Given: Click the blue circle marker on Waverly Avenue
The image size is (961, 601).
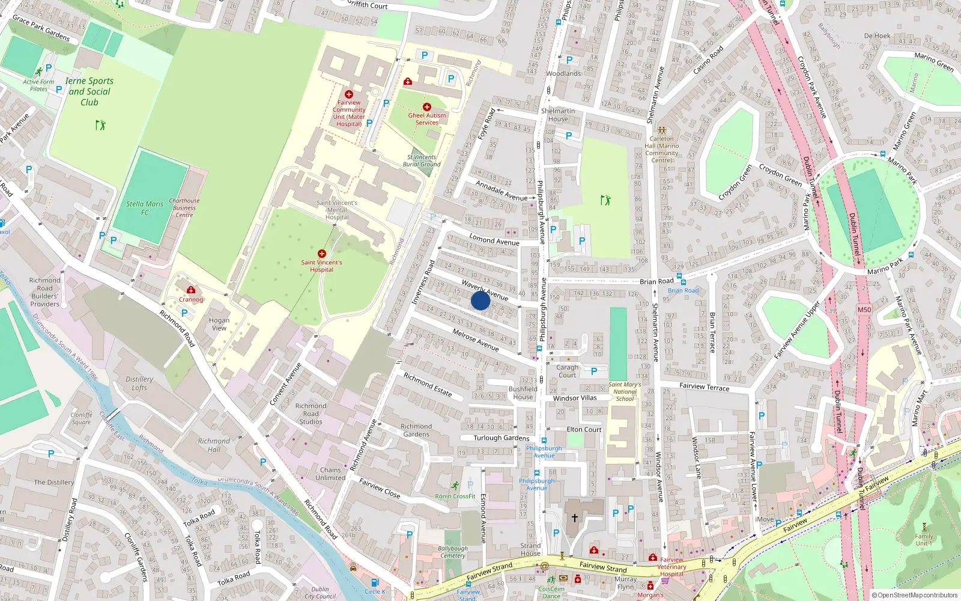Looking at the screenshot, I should (480, 300).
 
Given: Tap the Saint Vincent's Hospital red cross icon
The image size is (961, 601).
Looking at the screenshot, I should (322, 254).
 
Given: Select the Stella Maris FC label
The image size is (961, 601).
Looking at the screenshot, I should (145, 208).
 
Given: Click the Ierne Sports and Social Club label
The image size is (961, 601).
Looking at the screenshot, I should (89, 91).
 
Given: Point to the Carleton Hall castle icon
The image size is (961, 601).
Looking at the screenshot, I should (661, 130).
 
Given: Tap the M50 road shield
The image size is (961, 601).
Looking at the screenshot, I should (864, 310).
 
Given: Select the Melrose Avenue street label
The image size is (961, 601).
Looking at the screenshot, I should (475, 340).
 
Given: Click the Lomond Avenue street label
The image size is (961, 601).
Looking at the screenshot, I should (494, 239).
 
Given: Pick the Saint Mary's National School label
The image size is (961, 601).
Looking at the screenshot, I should (625, 392).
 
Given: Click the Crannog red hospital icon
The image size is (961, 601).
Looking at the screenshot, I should (191, 290).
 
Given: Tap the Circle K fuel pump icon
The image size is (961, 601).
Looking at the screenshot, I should (375, 582).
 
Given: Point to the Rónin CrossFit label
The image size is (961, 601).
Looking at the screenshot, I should (455, 496).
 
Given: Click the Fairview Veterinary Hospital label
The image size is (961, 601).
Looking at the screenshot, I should (671, 567).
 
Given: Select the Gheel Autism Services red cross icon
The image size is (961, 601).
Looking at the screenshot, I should (427, 107).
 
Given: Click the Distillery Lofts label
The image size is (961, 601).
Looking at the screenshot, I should (139, 383).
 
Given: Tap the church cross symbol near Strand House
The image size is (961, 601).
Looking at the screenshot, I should (575, 517).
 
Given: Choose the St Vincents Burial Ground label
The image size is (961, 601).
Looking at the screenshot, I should (422, 160).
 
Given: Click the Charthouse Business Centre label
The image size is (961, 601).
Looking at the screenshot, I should (184, 208).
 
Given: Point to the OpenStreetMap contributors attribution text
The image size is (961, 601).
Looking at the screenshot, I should (915, 595).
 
